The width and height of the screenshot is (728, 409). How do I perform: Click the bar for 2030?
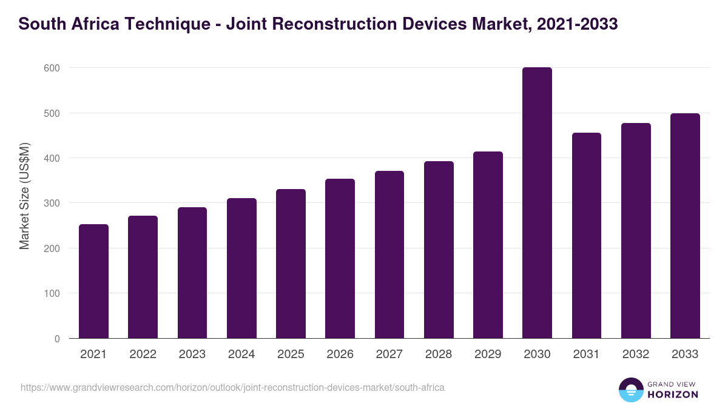(x=537, y=203)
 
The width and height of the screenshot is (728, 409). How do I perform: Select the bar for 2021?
(x=93, y=281)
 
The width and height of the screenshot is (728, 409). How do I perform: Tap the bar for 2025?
(x=291, y=264)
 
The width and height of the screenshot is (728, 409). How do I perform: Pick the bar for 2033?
(x=685, y=226)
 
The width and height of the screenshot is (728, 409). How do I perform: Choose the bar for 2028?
(x=439, y=250)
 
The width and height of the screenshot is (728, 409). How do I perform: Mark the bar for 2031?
(x=586, y=236)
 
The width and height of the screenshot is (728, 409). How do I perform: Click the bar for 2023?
(x=192, y=273)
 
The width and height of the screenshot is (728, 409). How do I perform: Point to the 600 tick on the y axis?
(x=52, y=68)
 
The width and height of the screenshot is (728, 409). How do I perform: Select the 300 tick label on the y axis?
(x=52, y=204)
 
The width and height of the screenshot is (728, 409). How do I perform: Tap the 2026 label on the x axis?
(x=340, y=354)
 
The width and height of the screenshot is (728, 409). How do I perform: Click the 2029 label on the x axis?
(x=488, y=354)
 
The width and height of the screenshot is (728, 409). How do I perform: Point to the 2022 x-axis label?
(x=143, y=354)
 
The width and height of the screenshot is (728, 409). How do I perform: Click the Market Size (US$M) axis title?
(x=24, y=196)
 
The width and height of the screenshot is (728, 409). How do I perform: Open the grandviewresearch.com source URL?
(x=232, y=387)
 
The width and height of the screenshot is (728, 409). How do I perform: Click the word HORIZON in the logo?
(x=673, y=394)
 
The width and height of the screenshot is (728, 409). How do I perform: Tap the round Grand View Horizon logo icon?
(x=630, y=390)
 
